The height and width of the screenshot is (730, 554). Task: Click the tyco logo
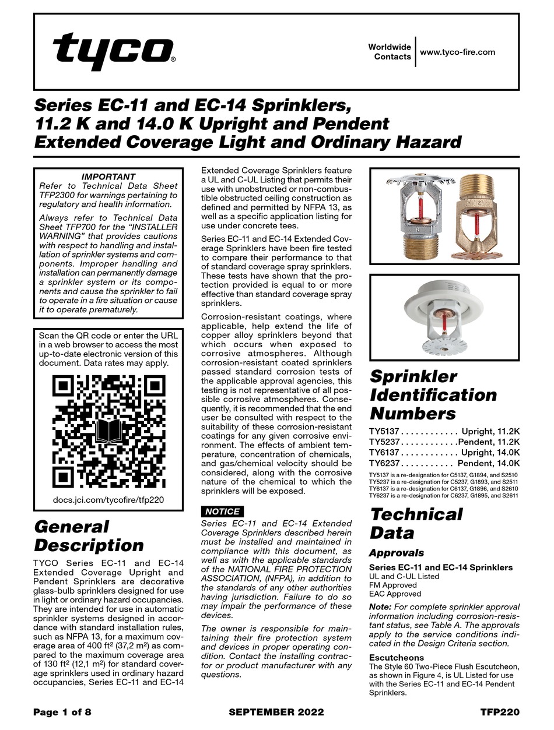pyautogui.click(x=114, y=51)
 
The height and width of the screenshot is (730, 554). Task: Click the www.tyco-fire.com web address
pyautogui.click(x=457, y=52)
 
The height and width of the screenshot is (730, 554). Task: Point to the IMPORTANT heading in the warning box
pyautogui.click(x=108, y=177)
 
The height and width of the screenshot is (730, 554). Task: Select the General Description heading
pyautogui.click(x=89, y=536)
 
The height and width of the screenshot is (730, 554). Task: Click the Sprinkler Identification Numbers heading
pyautogui.click(x=433, y=395)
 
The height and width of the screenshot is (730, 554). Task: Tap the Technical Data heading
pyautogui.click(x=416, y=523)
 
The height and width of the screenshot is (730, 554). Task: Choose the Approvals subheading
pyautogui.click(x=396, y=553)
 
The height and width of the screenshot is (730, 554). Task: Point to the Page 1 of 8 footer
pyautogui.click(x=62, y=712)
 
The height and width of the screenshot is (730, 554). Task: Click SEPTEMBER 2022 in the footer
pyautogui.click(x=276, y=712)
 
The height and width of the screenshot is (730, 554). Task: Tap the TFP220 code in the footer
pyautogui.click(x=500, y=712)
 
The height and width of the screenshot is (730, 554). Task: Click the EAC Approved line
pyautogui.click(x=395, y=594)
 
